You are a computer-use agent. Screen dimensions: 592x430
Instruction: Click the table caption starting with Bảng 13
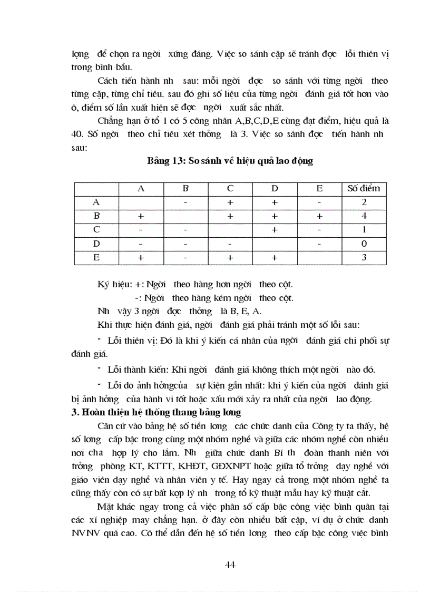(x=230, y=161)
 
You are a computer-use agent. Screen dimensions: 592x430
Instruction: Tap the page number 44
(x=230, y=565)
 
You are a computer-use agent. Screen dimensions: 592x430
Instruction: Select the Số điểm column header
(x=364, y=188)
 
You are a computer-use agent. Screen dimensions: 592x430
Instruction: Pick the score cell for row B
(x=364, y=216)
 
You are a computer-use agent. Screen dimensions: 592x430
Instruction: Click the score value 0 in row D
(x=364, y=244)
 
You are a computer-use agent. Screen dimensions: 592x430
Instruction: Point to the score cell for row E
(x=364, y=258)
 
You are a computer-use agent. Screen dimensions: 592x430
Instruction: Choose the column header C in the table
(x=230, y=188)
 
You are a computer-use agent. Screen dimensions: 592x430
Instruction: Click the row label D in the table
(x=96, y=244)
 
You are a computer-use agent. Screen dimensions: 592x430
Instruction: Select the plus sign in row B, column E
(x=319, y=216)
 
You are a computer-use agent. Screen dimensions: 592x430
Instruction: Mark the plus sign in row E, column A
(x=141, y=258)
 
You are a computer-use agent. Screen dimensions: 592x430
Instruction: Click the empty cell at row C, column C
(x=230, y=230)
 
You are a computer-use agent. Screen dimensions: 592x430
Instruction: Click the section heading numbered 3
(x=156, y=412)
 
